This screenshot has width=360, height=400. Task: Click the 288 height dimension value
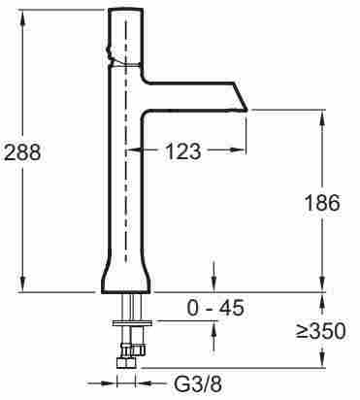coord(22,151)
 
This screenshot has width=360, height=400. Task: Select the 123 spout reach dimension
coord(182,150)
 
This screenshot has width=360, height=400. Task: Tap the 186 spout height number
coord(322,203)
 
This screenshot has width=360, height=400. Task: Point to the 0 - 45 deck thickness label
coord(215,308)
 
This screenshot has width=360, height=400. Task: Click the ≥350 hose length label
coord(321,331)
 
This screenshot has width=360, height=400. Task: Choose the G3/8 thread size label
coord(198,384)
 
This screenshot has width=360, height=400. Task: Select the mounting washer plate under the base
coord(132,322)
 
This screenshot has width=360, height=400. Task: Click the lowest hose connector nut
coord(126,362)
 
